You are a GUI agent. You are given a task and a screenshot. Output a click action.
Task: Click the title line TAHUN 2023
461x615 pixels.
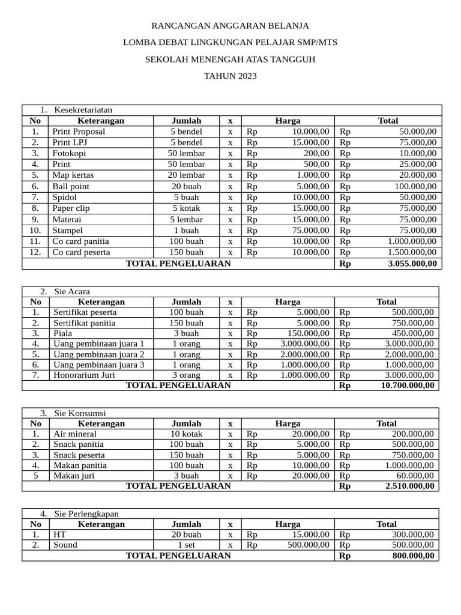(230, 76)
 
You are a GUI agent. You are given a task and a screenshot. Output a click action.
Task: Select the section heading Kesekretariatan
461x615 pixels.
(83, 110)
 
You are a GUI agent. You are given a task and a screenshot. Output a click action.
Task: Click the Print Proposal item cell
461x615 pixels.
(79, 132)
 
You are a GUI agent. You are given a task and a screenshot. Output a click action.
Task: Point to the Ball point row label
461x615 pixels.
(71, 186)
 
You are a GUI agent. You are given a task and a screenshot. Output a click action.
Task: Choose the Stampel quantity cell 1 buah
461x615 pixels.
(186, 230)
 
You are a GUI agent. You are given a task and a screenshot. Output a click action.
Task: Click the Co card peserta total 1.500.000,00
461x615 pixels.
(412, 252)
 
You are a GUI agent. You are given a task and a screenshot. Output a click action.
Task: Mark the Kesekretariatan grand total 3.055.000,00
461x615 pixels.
(412, 264)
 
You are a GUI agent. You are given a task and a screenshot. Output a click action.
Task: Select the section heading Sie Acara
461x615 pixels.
(71, 291)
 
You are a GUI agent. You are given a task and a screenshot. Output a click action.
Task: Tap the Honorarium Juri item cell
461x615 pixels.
(84, 375)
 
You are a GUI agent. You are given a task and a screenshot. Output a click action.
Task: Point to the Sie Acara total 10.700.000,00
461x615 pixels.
(407, 386)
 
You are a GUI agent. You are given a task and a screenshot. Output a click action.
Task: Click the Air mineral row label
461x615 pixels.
(75, 434)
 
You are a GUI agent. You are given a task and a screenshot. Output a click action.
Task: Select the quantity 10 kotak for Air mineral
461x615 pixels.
(186, 434)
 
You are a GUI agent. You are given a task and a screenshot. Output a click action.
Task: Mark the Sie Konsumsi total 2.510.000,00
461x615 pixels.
(409, 486)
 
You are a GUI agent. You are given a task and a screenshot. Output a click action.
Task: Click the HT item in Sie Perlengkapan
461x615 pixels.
(60, 534)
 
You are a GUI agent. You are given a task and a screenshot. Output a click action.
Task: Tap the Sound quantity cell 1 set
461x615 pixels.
(186, 545)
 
